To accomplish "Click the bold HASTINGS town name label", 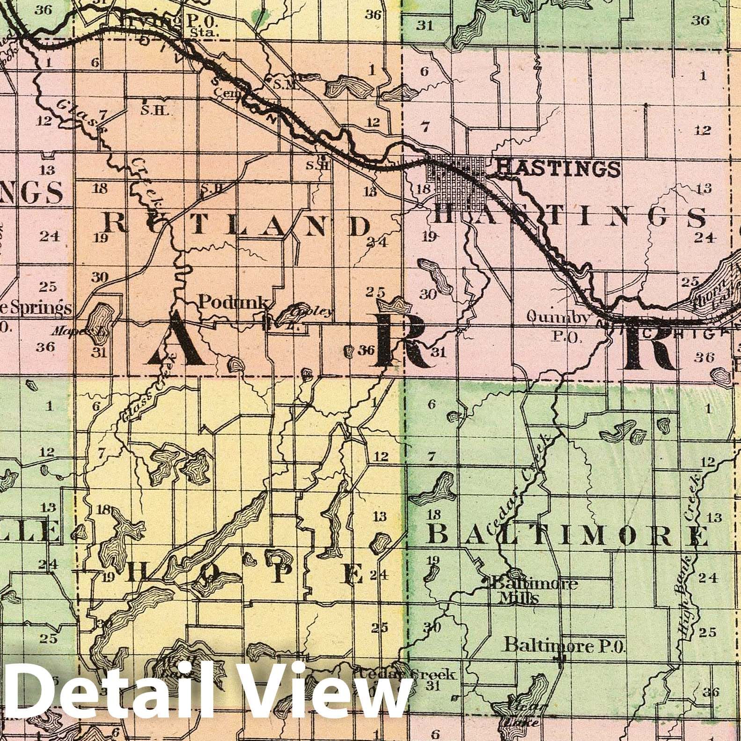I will point(558,167).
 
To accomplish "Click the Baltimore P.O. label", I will point(565,646).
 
